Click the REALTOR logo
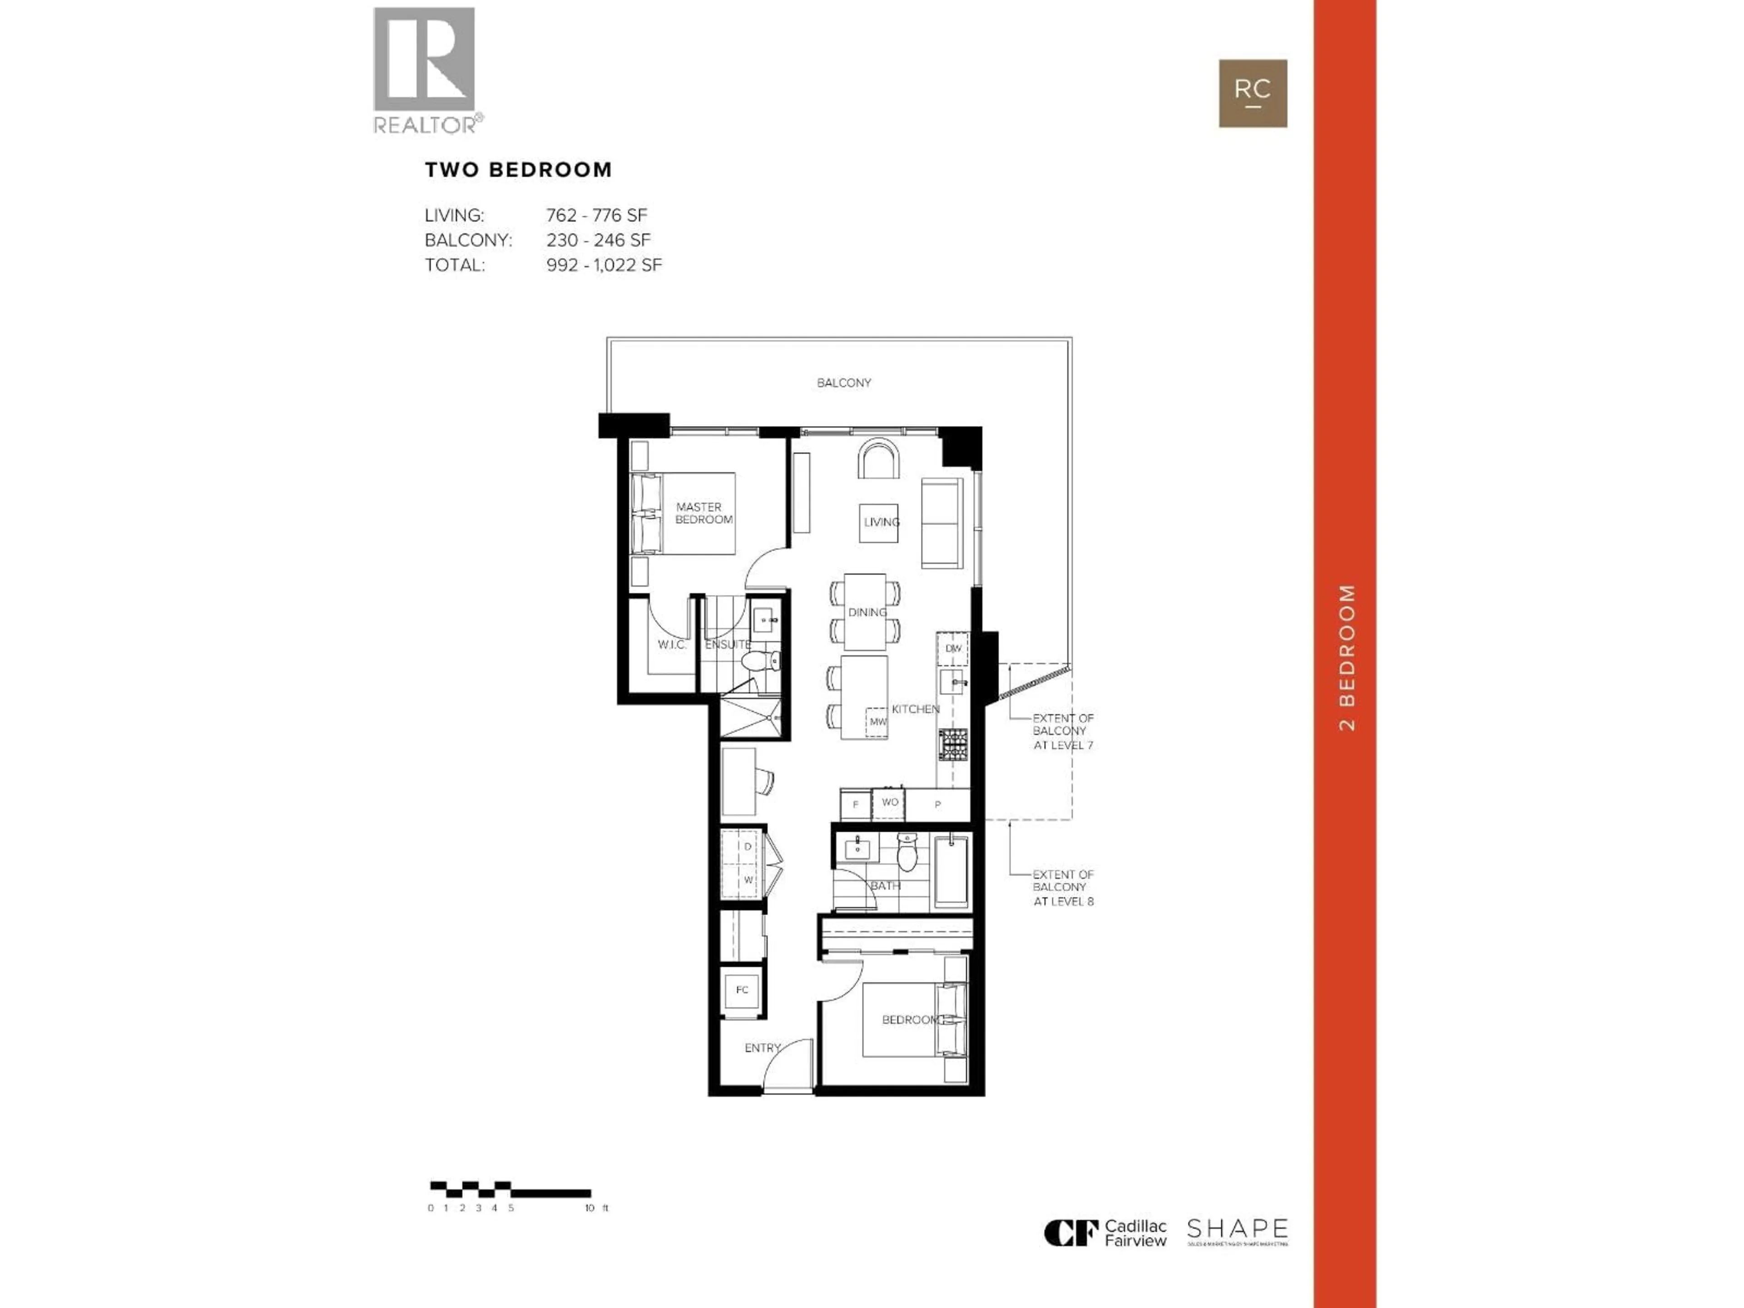coord(424,69)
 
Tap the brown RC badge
coord(1253,93)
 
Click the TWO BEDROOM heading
coord(518,169)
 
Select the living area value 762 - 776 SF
coord(596,215)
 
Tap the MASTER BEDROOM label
coord(702,513)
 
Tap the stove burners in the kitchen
coord(952,744)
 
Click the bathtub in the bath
coord(951,872)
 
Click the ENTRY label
coord(763,1048)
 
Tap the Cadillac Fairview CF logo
coord(1070,1232)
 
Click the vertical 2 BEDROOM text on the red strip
coord(1347,657)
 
